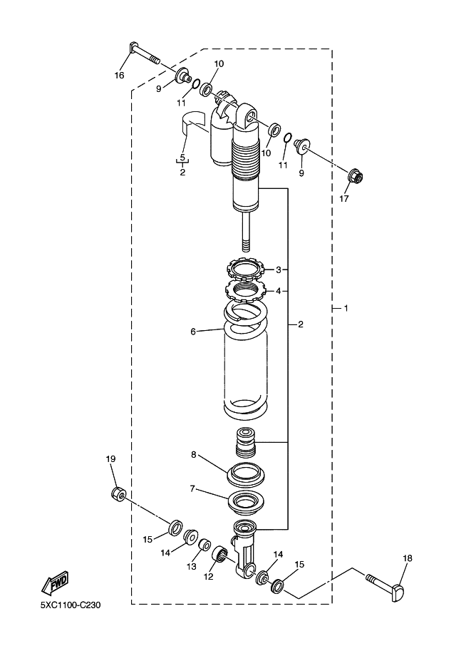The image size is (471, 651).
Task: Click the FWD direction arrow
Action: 54,583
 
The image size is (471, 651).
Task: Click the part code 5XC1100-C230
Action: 71,605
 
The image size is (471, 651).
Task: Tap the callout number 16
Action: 119,75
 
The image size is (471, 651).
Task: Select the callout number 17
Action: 344,198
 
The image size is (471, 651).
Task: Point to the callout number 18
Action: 408,558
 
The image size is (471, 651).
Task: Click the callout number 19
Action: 110,458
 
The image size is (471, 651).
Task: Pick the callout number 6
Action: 193,332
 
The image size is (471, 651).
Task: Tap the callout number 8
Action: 193,455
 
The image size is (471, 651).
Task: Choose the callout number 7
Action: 192,488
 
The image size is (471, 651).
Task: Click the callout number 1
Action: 346,308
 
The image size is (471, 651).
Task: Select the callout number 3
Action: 279,270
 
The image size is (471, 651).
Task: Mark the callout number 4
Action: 279,291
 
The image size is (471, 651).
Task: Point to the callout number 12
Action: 208,577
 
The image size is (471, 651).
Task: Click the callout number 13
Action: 191,566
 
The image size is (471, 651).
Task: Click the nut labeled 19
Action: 119,494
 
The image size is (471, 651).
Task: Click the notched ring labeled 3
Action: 247,269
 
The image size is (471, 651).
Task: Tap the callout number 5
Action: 182,158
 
